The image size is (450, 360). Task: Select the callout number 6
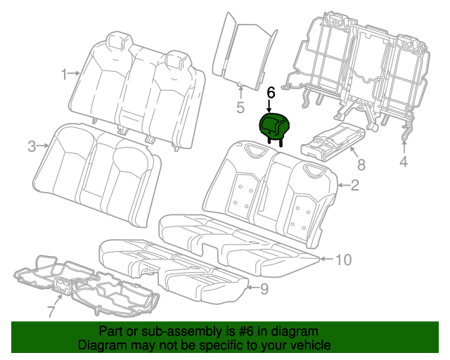click(x=271, y=92)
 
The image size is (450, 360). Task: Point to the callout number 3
click(x=32, y=146)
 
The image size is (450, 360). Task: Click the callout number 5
click(x=240, y=108)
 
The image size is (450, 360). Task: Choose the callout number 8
click(x=361, y=165)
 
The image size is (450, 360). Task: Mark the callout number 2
click(x=355, y=186)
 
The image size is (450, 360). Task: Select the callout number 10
click(x=342, y=259)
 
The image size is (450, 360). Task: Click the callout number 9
click(x=264, y=288)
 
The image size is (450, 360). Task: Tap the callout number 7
click(x=51, y=310)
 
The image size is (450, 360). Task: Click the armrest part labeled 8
click(x=330, y=141)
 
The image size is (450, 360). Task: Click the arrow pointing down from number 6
click(x=271, y=106)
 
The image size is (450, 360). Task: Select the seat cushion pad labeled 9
click(x=176, y=267)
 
